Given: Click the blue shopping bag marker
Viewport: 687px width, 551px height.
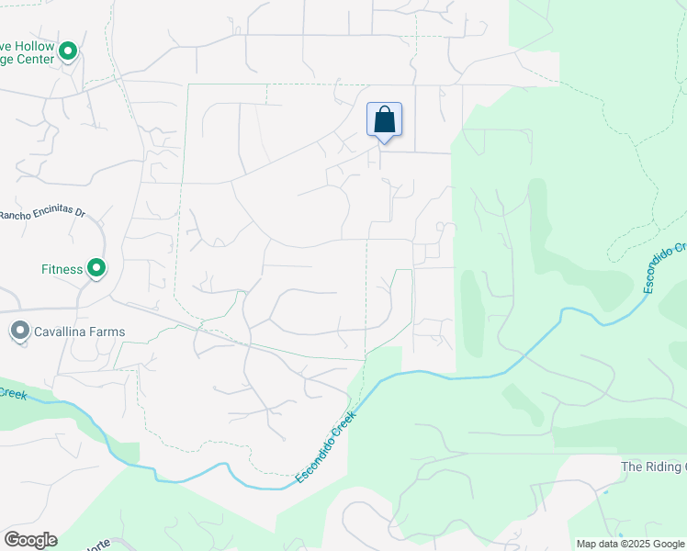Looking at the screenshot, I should [x=384, y=120].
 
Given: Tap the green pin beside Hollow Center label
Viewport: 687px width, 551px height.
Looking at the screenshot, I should [x=68, y=51].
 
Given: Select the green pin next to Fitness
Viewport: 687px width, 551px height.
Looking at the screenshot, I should [x=96, y=268].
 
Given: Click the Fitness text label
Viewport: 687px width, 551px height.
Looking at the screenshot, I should [x=62, y=269].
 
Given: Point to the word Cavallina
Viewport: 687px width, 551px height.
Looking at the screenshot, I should [x=63, y=332].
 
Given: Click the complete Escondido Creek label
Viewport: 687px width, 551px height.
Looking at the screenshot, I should [x=325, y=446].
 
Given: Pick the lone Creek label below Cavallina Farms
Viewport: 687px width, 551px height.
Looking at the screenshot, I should [x=13, y=393].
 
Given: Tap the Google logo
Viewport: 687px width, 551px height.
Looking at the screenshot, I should [x=30, y=540].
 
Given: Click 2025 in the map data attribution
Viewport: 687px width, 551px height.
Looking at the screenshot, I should [x=633, y=544].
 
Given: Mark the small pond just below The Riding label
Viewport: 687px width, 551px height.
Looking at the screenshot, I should [x=604, y=492].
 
